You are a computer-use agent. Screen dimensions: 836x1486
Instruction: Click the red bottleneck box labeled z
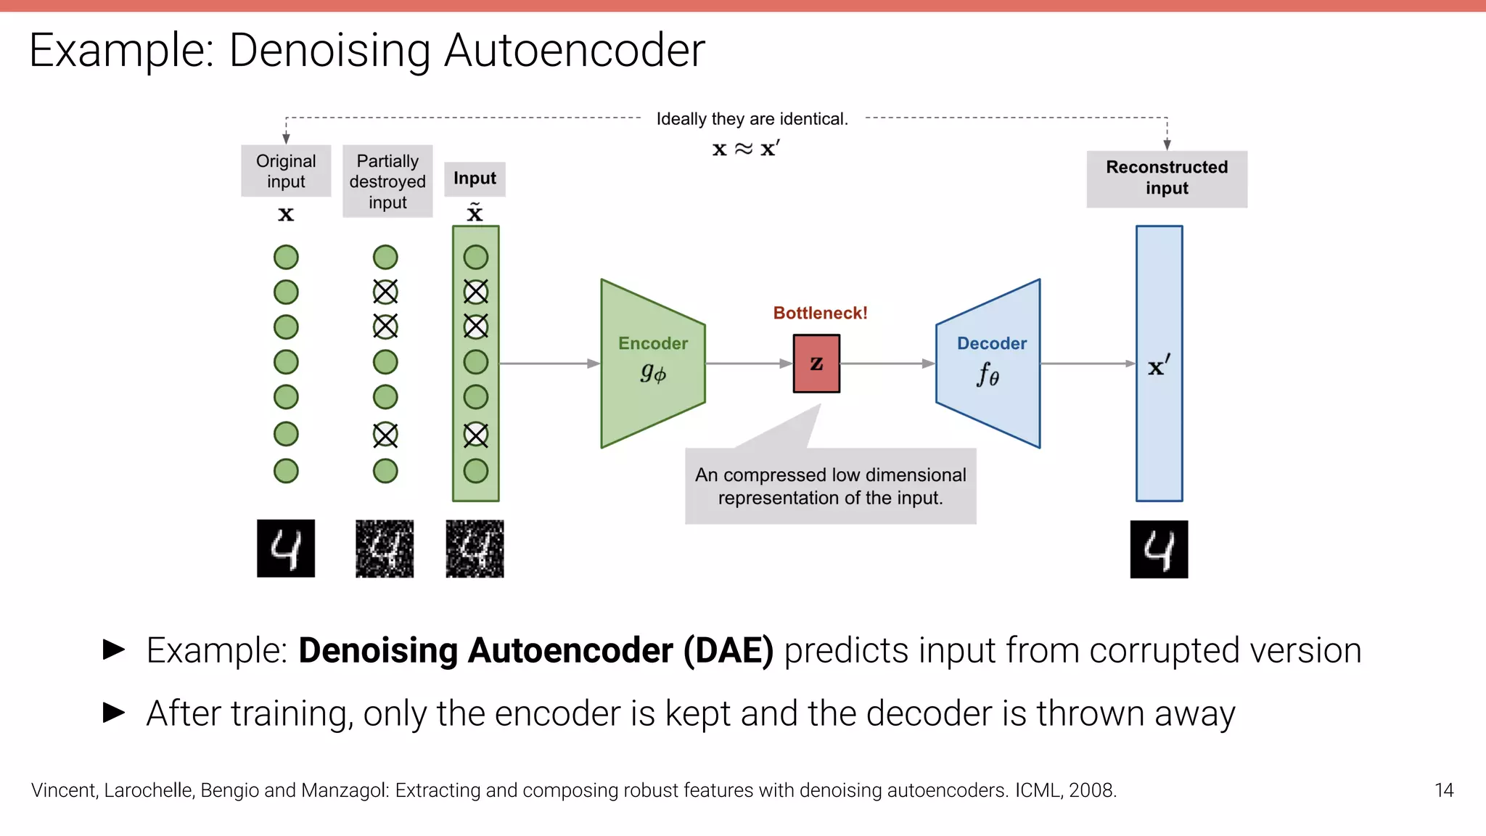coord(816,363)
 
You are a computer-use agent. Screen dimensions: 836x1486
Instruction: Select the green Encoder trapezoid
coord(652,363)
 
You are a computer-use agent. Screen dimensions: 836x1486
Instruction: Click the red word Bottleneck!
coord(820,313)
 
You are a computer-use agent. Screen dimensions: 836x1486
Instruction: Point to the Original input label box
coord(286,171)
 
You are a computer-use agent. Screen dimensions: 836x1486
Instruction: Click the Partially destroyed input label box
coord(387,181)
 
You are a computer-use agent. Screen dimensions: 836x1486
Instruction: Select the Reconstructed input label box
coord(1167,179)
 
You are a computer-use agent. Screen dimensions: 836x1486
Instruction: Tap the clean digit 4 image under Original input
coord(286,549)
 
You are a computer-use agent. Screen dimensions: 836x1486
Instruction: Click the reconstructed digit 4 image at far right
coord(1159,549)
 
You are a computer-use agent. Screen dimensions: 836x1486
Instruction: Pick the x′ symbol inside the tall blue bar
coord(1159,366)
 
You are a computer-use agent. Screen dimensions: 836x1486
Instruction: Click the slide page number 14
coord(1443,790)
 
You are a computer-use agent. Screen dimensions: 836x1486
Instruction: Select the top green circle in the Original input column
coord(286,257)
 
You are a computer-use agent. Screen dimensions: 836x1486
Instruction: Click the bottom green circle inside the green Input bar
coord(476,471)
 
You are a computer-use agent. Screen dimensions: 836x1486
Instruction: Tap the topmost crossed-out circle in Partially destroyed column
coord(385,292)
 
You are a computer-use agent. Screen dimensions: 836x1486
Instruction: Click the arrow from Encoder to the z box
coord(748,363)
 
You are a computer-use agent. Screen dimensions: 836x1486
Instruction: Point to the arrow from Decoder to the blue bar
coord(1087,363)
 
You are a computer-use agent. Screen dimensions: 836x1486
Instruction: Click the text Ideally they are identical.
coord(752,119)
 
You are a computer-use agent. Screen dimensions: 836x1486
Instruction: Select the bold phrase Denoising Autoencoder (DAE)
coord(535,650)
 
